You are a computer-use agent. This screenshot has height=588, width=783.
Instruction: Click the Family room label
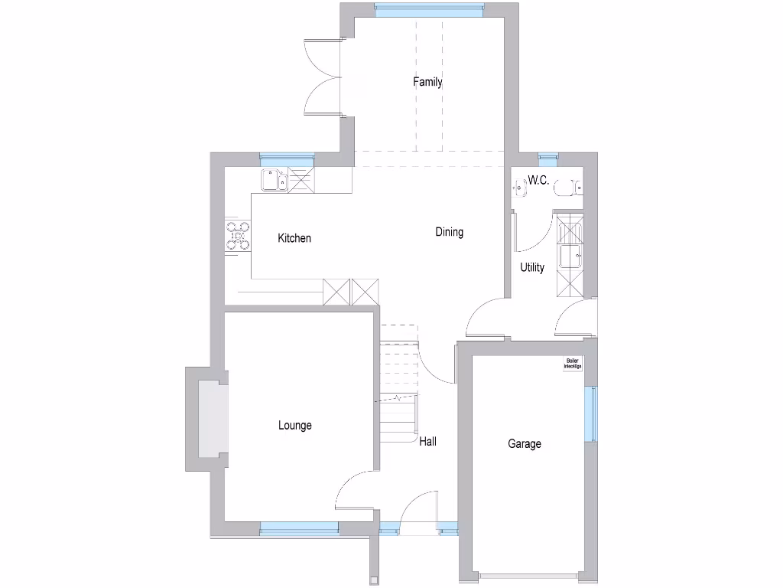tap(427, 82)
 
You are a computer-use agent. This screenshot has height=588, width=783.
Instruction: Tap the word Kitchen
tap(294, 238)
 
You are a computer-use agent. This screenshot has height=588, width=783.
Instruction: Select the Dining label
tap(450, 232)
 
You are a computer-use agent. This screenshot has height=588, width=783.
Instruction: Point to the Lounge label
tap(295, 426)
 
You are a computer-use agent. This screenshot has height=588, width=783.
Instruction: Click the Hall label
tap(428, 442)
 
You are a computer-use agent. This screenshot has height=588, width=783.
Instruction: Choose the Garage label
tap(525, 443)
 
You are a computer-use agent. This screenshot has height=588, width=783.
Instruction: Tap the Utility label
tap(532, 267)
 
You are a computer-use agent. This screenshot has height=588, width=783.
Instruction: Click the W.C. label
tap(539, 181)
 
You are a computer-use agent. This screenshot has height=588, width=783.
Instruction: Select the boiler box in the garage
tap(573, 364)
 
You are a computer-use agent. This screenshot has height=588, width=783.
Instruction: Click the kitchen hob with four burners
tap(238, 236)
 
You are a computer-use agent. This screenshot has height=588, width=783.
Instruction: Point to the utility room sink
tap(570, 256)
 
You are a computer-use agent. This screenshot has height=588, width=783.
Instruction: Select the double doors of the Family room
tap(321, 77)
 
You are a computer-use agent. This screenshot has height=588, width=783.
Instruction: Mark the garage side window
tap(590, 414)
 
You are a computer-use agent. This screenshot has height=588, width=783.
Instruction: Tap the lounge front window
tap(298, 527)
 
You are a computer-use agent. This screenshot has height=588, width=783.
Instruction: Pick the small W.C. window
tap(548, 159)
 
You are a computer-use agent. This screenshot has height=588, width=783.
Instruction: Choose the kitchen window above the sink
tap(287, 158)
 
